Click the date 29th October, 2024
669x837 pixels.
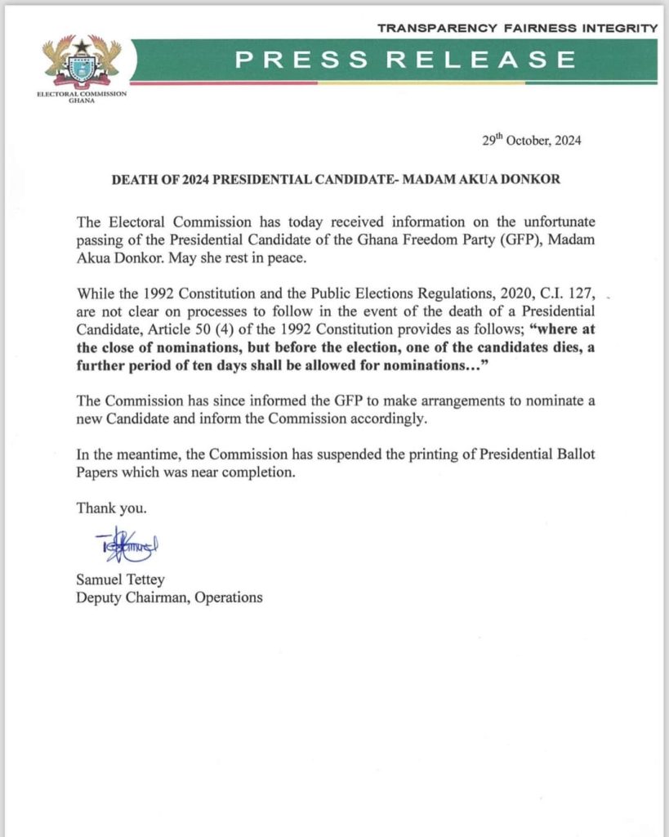click(x=532, y=141)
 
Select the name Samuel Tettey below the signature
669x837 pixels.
click(x=120, y=580)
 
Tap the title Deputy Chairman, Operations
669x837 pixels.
click(x=169, y=598)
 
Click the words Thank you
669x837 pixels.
click(x=112, y=508)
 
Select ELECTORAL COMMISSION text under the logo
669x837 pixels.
click(x=82, y=95)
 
